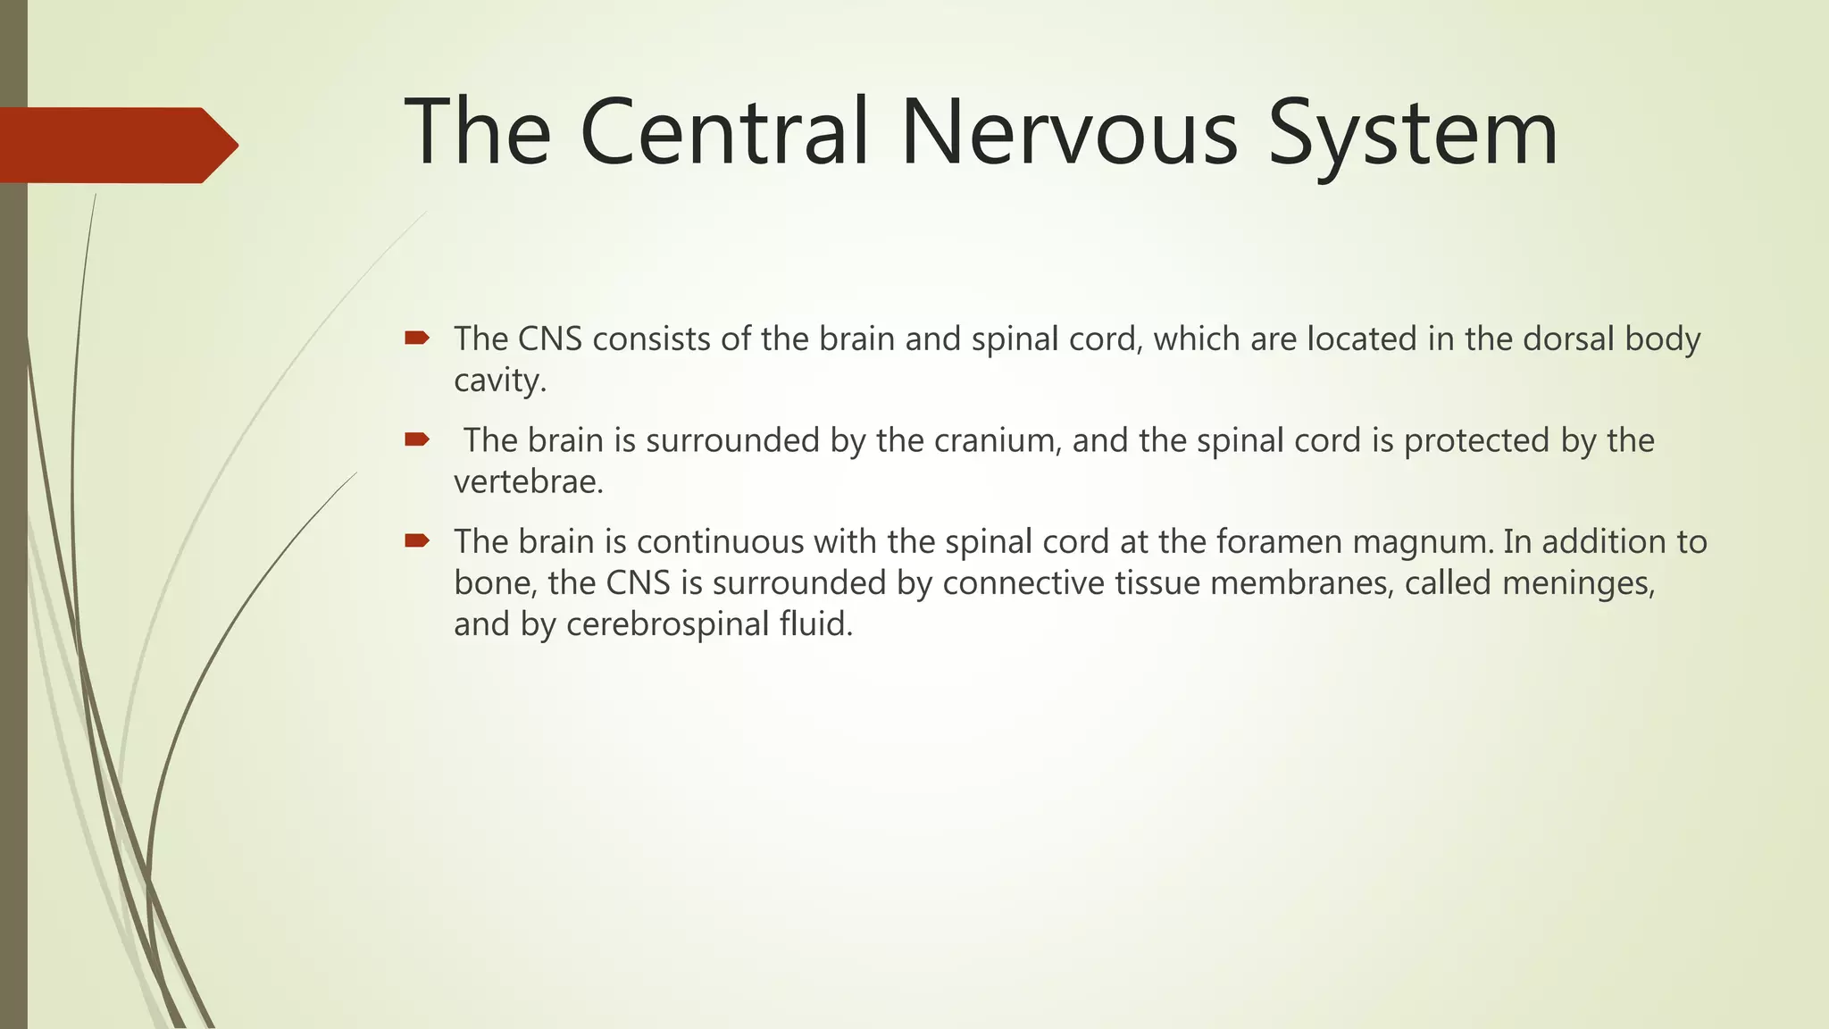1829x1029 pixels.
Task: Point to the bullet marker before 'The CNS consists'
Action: (417, 338)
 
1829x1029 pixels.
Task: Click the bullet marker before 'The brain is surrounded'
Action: (417, 439)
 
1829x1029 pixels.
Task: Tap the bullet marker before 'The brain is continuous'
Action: (417, 540)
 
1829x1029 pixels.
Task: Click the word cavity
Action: (499, 381)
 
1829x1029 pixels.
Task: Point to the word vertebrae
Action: (529, 481)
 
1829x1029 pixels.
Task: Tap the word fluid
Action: (816, 623)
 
